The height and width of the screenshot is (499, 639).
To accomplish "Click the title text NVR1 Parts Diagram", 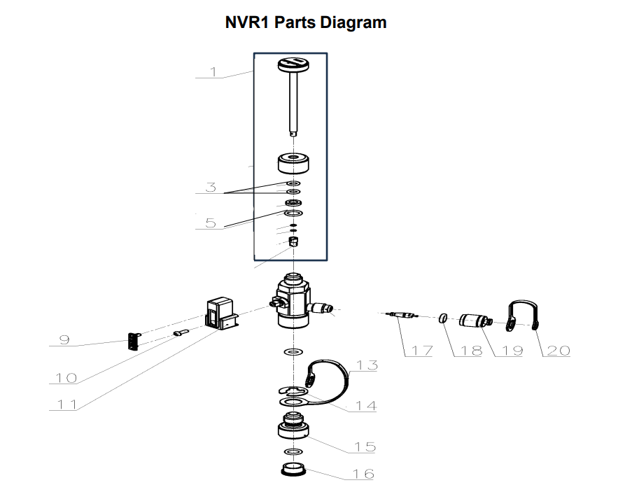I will (305, 22).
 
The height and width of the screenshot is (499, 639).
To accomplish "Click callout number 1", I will (213, 71).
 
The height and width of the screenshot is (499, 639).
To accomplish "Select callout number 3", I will (211, 187).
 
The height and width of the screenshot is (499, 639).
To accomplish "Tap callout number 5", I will (211, 223).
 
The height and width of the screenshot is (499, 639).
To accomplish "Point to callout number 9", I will (64, 340).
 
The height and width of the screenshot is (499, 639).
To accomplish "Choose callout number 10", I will (66, 378).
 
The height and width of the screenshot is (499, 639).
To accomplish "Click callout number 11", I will (66, 404).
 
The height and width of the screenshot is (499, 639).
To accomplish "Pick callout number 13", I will (367, 365).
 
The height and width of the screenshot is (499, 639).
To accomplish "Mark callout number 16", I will (363, 474).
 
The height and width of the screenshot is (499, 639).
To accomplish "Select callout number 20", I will (558, 351).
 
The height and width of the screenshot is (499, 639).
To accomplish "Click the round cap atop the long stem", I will (293, 65).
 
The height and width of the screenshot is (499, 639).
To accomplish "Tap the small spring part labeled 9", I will (134, 341).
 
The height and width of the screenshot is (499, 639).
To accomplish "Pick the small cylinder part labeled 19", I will (474, 323).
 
